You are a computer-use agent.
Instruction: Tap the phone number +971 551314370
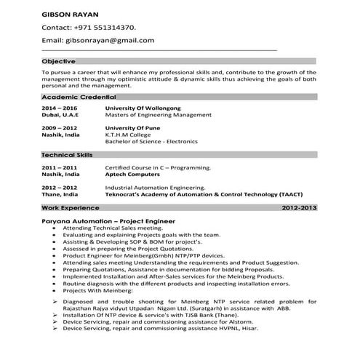99,26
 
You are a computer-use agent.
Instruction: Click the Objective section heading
59,61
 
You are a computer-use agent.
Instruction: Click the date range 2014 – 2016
58,108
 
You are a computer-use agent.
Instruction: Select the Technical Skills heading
68,156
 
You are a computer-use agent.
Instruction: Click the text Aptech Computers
135,175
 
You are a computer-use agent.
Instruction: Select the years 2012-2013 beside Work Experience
298,208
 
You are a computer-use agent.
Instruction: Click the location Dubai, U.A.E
61,115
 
